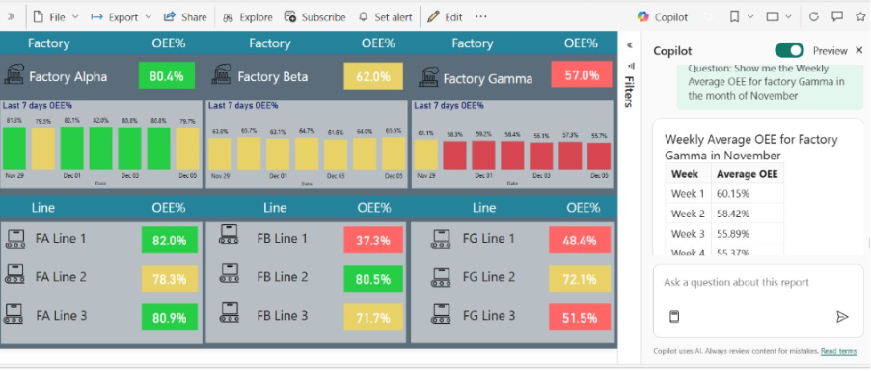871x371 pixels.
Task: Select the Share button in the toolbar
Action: (x=185, y=17)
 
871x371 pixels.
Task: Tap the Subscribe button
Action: (x=315, y=17)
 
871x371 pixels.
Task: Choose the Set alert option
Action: (x=387, y=17)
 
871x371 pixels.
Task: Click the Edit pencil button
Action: (x=445, y=17)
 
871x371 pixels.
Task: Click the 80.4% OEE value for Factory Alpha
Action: (x=167, y=76)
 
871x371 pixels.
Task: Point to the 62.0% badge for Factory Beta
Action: (x=372, y=76)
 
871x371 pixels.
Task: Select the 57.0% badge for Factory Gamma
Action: (x=581, y=76)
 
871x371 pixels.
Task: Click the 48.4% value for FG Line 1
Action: (x=580, y=241)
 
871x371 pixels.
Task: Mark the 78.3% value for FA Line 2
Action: (x=168, y=279)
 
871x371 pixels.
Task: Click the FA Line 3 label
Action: (x=61, y=315)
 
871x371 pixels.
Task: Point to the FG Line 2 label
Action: (x=490, y=277)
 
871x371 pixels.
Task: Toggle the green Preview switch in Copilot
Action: (x=789, y=50)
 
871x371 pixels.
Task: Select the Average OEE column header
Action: (x=746, y=173)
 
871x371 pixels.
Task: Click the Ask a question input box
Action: (x=758, y=283)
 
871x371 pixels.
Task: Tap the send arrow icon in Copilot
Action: (x=842, y=316)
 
